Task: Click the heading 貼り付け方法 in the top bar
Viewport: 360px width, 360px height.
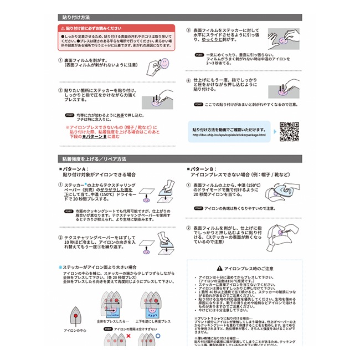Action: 78,18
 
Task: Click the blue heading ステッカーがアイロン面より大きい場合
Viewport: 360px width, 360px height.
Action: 100,267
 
